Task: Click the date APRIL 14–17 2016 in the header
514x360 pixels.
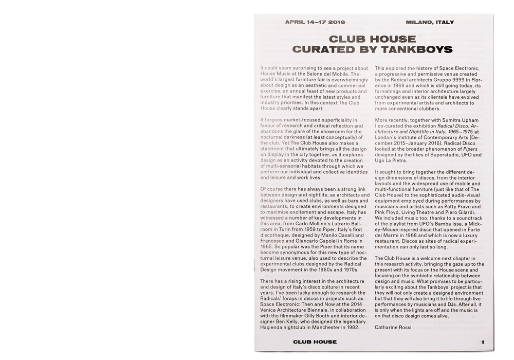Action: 315,23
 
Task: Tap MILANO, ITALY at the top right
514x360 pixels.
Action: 430,23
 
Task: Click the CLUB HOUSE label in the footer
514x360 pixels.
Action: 315,342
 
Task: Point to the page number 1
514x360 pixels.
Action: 483,342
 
